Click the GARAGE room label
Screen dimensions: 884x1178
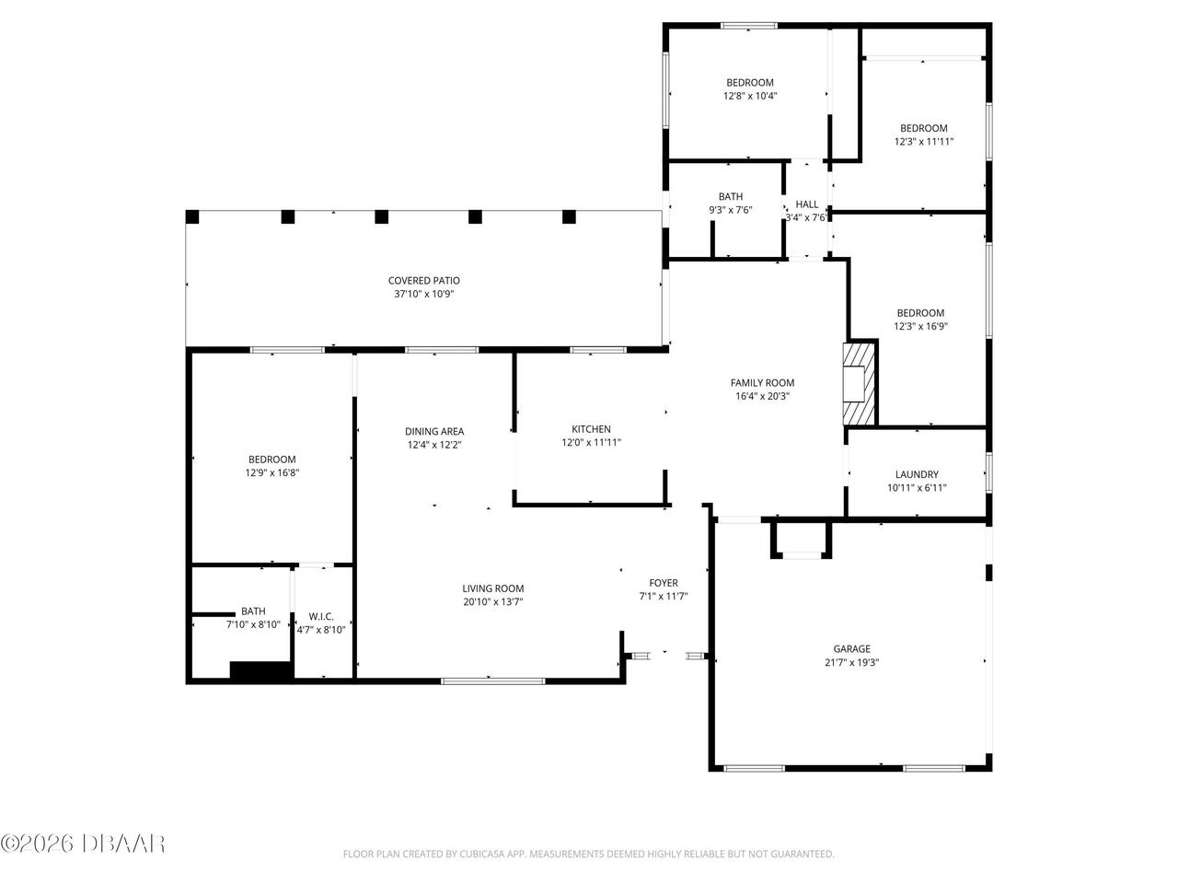851,648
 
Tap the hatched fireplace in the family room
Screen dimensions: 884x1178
860,384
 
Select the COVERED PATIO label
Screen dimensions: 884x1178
423,281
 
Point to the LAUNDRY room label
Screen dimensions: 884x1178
917,474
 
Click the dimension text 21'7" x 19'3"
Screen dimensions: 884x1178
851,662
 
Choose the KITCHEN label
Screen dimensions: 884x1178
591,429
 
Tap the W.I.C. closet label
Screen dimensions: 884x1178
321,616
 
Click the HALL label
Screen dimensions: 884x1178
807,204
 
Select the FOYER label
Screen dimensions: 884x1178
664,583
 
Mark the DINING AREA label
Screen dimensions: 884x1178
434,431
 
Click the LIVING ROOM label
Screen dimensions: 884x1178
492,588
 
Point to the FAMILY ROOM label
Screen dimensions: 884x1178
762,383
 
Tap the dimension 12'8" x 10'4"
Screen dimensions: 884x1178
750,96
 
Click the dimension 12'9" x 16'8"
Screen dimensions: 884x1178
271,473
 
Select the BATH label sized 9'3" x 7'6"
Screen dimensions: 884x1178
731,196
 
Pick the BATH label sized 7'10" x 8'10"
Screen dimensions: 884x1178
253,611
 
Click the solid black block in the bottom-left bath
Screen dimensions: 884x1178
260,671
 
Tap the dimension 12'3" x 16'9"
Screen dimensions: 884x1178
920,326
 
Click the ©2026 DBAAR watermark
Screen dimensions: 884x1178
83,843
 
